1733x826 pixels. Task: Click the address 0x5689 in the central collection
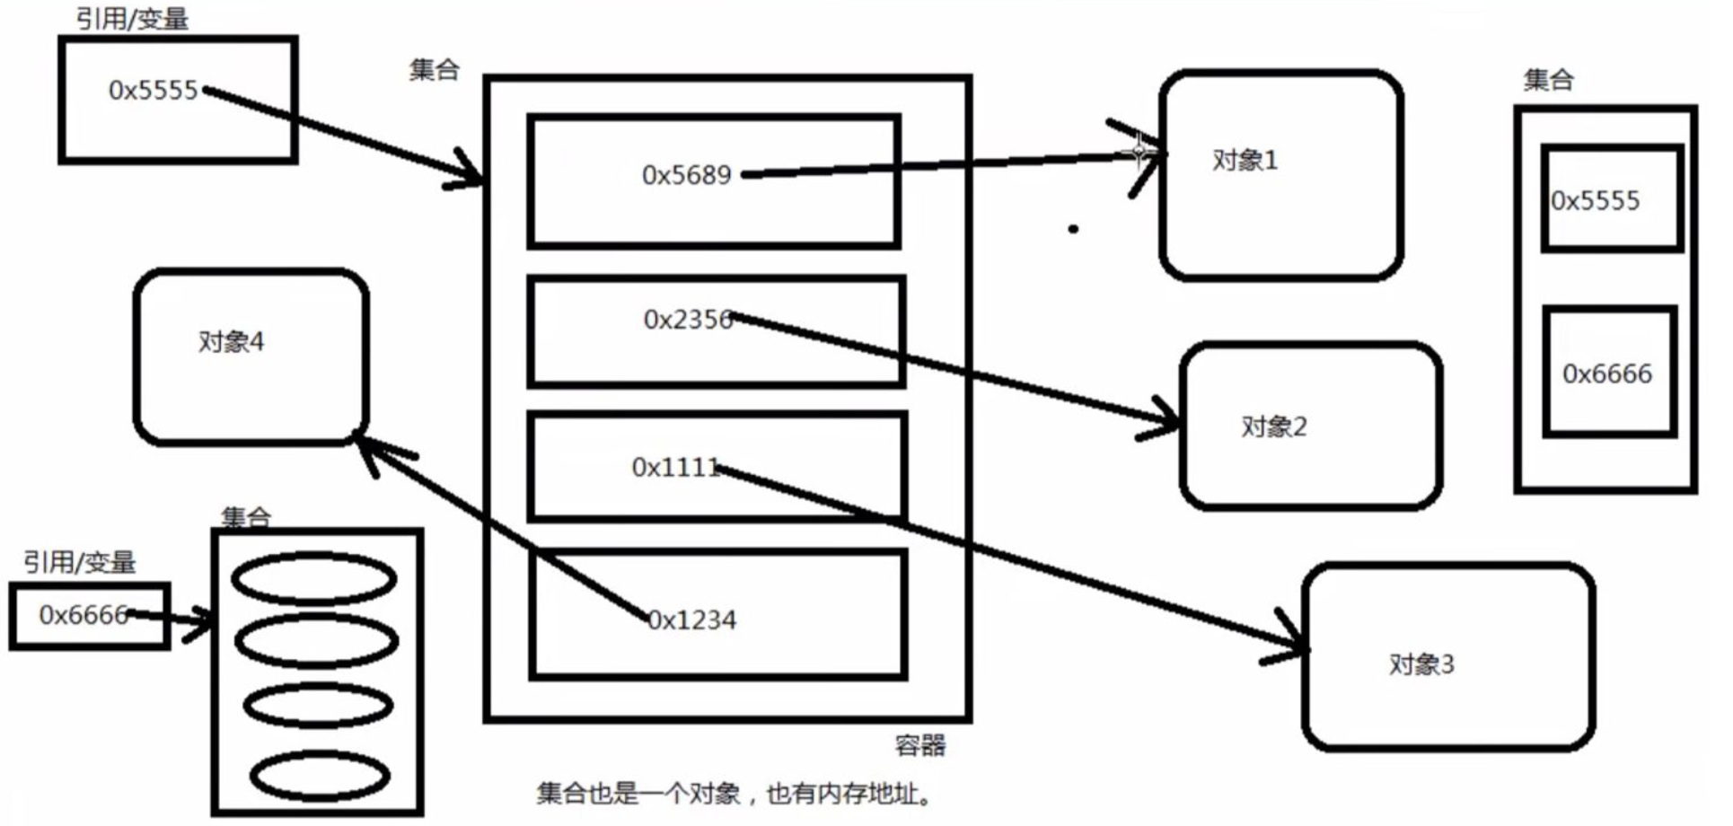[687, 175]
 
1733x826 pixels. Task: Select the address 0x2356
[688, 320]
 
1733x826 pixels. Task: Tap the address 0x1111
[675, 468]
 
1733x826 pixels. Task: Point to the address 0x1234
[692, 620]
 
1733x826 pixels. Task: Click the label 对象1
[1245, 161]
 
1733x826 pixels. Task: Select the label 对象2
[1274, 426]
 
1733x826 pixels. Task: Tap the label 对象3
[1421, 664]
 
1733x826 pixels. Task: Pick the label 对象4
[231, 342]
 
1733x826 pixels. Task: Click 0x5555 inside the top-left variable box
[153, 91]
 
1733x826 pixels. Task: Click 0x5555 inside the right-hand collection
[1596, 201]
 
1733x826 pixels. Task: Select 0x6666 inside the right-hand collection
[1607, 373]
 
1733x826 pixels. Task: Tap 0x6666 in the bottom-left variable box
[84, 615]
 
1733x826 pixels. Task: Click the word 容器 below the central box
[920, 745]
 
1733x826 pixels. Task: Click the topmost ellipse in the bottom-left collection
[314, 578]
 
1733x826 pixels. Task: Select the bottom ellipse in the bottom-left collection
[320, 777]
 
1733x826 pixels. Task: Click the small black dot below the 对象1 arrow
[1073, 229]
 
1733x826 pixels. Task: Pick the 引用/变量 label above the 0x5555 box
[132, 19]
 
